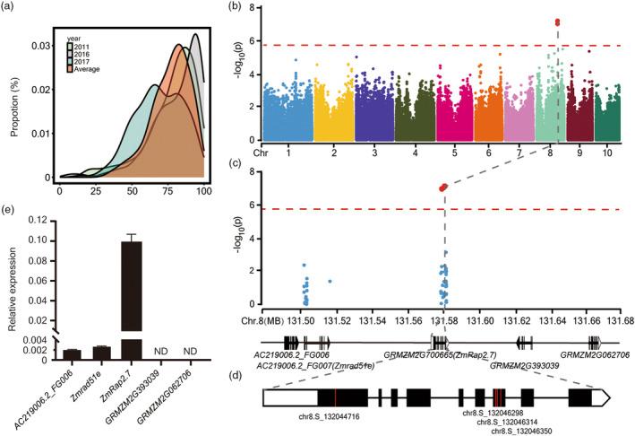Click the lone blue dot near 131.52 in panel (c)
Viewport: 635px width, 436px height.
(330, 282)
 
